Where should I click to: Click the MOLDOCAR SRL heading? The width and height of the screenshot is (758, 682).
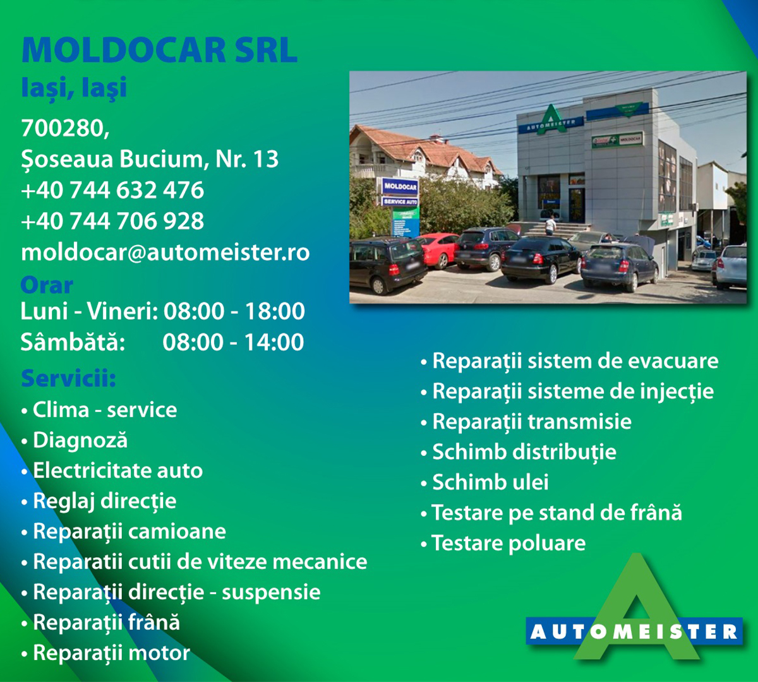coord(159,50)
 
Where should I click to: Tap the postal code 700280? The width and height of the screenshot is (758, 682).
coord(65,128)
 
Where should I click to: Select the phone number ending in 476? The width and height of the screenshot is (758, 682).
coord(112,189)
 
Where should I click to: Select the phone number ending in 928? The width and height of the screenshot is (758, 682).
coord(112,221)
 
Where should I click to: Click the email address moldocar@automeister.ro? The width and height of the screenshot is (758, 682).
coord(165,252)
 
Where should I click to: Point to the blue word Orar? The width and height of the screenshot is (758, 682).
coord(47,285)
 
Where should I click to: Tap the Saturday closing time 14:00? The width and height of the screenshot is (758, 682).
coord(274,342)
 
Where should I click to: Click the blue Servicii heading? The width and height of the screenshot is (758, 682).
coord(68,378)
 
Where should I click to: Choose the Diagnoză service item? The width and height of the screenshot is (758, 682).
coord(75,441)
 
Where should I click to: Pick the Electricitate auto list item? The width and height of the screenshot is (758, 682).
coord(112,470)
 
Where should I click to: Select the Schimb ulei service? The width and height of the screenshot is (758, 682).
coord(484,482)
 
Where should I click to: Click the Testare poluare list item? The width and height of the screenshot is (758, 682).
coord(503,543)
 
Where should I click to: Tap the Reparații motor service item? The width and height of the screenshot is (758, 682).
coord(105,652)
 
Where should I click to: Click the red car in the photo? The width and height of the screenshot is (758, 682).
coord(438,249)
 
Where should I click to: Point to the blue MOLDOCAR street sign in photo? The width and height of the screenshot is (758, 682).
coord(400,186)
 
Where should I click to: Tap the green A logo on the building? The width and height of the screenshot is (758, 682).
coord(551,120)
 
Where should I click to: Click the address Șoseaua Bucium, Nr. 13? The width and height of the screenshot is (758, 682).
coord(150,159)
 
